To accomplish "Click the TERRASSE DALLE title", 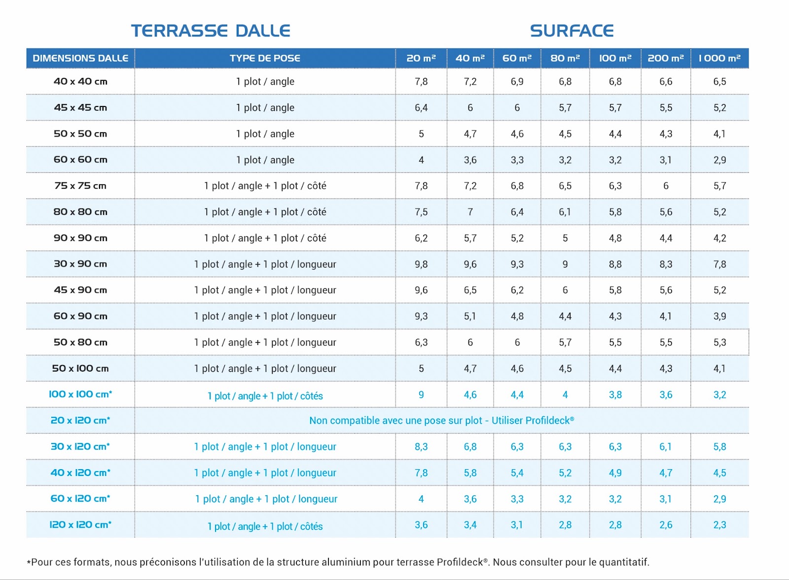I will click(211, 31).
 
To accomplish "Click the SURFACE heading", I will click(572, 31).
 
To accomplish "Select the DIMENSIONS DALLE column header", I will click(80, 58).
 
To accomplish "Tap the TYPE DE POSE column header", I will click(265, 58).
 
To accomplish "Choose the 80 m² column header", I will click(565, 58).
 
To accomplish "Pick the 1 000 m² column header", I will click(719, 58).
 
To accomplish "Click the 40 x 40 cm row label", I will click(80, 81).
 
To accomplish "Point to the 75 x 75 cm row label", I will click(80, 186).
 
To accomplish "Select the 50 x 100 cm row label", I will click(80, 368).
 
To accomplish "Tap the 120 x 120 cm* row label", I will click(80, 525).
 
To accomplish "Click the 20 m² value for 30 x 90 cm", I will click(421, 264).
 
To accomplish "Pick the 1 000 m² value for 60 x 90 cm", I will click(719, 316).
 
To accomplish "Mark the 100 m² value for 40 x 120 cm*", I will click(615, 473).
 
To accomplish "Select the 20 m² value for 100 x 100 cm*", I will click(421, 395).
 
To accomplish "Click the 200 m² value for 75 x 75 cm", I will click(666, 186).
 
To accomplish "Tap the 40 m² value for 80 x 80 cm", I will click(470, 212).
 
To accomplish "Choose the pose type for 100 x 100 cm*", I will click(265, 396).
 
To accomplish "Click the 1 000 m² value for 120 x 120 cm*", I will click(719, 525).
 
